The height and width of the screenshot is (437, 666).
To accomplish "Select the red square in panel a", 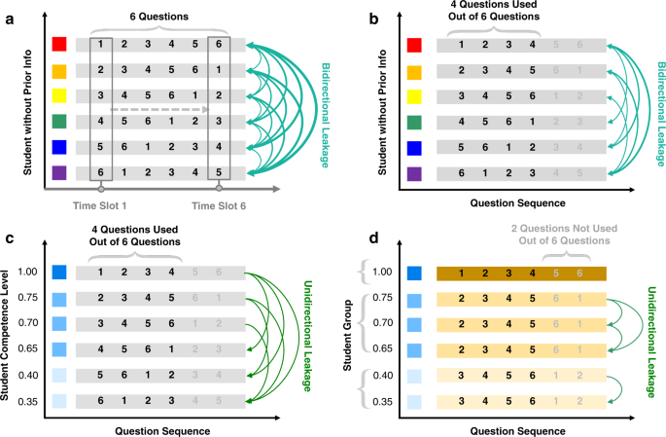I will click(x=59, y=45).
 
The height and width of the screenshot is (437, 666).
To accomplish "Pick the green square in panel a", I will click(x=59, y=121).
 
